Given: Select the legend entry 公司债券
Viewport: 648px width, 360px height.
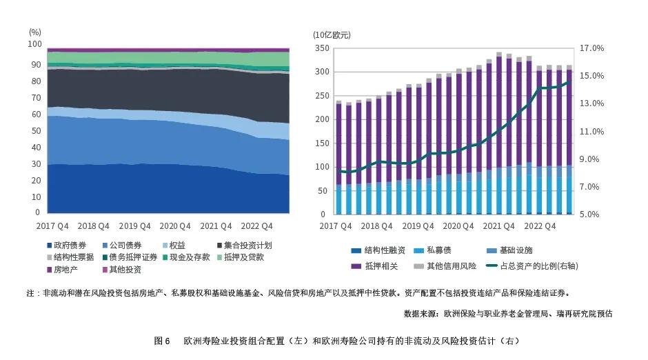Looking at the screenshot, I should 126,246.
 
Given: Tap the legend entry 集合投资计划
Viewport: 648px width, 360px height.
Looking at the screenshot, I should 248,246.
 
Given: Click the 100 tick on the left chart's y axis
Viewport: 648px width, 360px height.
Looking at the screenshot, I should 34,43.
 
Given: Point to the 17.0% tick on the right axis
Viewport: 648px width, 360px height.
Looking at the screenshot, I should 591,48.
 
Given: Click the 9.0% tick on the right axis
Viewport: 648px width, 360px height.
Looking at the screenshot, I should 591,159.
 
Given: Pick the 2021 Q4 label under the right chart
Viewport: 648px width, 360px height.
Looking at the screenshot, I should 499,226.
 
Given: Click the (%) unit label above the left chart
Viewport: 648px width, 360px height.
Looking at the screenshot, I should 35,32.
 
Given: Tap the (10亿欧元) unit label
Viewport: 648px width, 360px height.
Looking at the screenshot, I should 332,34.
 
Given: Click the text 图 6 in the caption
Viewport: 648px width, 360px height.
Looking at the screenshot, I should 163,341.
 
